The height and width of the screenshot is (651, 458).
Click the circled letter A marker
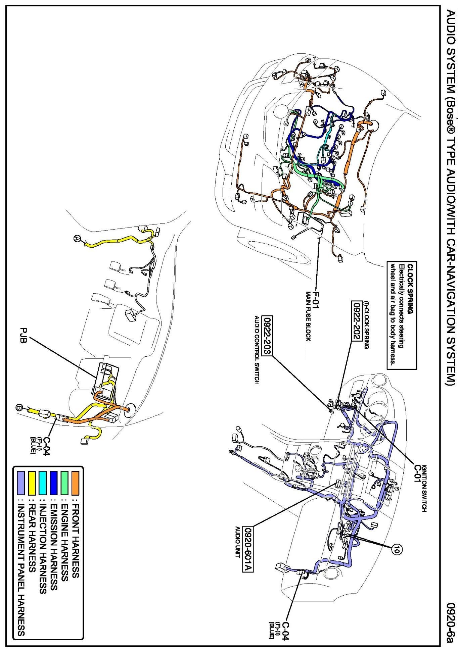[77, 239]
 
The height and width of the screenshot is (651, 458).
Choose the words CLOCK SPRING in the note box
[410, 289]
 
